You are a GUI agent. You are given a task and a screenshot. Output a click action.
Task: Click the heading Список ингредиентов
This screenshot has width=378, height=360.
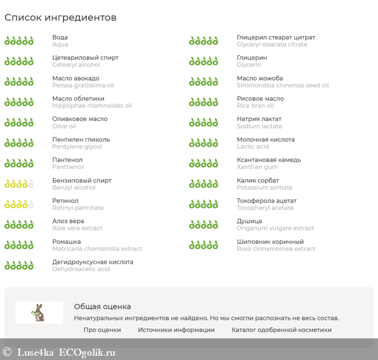[x=60, y=18]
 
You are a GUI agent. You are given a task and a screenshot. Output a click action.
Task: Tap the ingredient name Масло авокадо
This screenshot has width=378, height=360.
[x=76, y=78]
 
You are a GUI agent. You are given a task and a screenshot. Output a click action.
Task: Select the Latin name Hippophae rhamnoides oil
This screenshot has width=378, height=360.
[x=92, y=106]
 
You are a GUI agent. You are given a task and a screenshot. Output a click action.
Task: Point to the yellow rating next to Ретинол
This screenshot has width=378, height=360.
[x=19, y=204]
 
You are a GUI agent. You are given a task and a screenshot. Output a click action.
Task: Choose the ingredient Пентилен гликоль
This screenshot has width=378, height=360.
[x=81, y=139]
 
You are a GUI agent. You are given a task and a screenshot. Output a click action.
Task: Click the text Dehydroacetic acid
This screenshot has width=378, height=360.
[x=81, y=269]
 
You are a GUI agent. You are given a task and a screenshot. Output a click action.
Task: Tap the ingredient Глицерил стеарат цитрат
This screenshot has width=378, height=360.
[x=275, y=38]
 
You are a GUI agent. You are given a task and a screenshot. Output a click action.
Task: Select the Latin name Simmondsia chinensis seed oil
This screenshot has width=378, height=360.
[x=282, y=85]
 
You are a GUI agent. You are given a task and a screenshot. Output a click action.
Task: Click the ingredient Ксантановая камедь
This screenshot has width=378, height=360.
[x=268, y=160]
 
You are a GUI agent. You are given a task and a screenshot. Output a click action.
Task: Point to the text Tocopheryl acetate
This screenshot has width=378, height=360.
[x=265, y=208]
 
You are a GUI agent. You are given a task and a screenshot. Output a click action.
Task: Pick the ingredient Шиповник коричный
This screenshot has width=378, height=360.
[x=270, y=242]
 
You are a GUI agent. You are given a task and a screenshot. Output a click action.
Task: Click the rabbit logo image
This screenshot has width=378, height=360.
[x=39, y=312]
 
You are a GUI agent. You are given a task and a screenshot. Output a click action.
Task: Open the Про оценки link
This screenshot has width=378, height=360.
[x=102, y=330]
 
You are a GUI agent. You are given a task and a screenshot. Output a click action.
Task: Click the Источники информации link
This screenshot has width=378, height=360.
[x=176, y=330]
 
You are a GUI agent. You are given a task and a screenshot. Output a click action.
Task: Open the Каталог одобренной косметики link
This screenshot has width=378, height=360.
[x=281, y=330]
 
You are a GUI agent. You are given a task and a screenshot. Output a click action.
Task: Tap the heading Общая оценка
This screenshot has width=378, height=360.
[x=102, y=306]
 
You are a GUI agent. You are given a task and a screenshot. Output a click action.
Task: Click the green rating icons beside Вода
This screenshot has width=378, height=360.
[x=19, y=41]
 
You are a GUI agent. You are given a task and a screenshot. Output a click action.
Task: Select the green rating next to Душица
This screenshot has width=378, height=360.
[x=204, y=224]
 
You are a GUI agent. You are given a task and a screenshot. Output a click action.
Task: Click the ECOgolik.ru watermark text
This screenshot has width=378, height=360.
[x=87, y=352]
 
